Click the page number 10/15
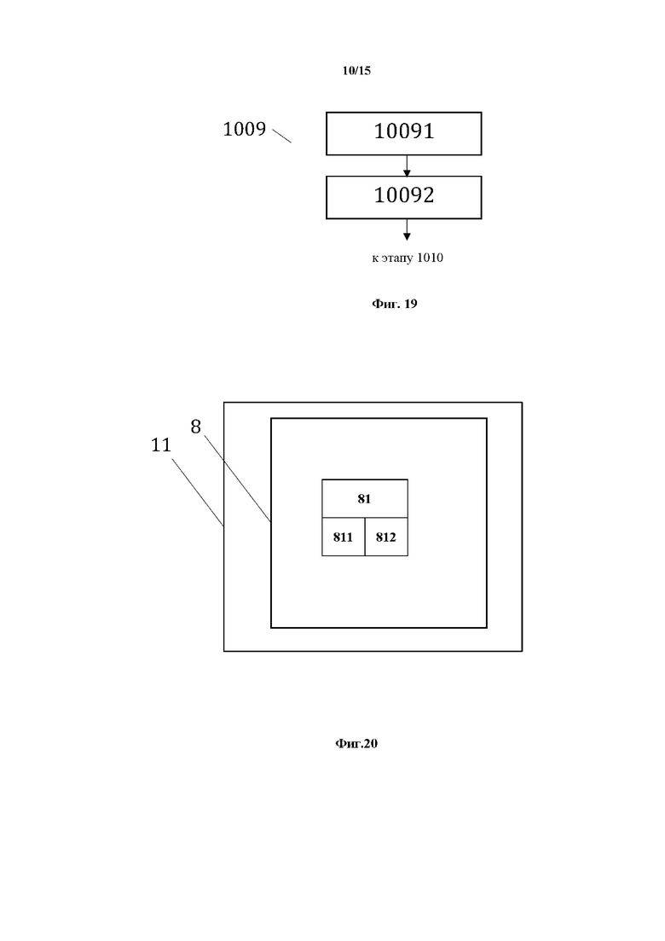356,71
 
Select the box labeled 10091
403,133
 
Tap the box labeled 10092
403,197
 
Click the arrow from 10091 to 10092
407,166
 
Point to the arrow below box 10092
407,229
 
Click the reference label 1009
244,130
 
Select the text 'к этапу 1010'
407,258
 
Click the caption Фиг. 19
394,304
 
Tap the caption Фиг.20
356,744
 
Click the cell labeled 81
364,498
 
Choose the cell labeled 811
343,537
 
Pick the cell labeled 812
386,537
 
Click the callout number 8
195,427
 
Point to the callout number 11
161,444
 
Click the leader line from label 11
198,491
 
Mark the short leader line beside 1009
282,136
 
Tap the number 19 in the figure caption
409,304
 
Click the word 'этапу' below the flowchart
396,258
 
